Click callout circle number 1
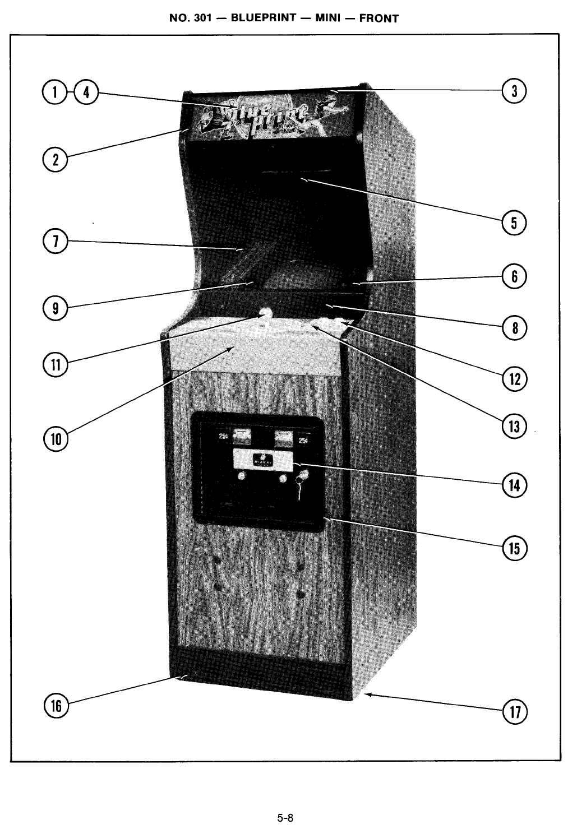click(x=54, y=92)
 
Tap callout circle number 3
click(x=514, y=91)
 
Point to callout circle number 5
click(x=514, y=223)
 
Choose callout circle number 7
click(x=55, y=242)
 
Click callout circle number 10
click(x=56, y=438)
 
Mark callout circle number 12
click(x=515, y=379)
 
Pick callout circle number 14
click(x=515, y=485)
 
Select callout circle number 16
click(x=56, y=705)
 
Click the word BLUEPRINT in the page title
click(x=264, y=17)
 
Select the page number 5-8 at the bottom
click(x=285, y=817)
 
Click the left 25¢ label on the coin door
click(x=223, y=436)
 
